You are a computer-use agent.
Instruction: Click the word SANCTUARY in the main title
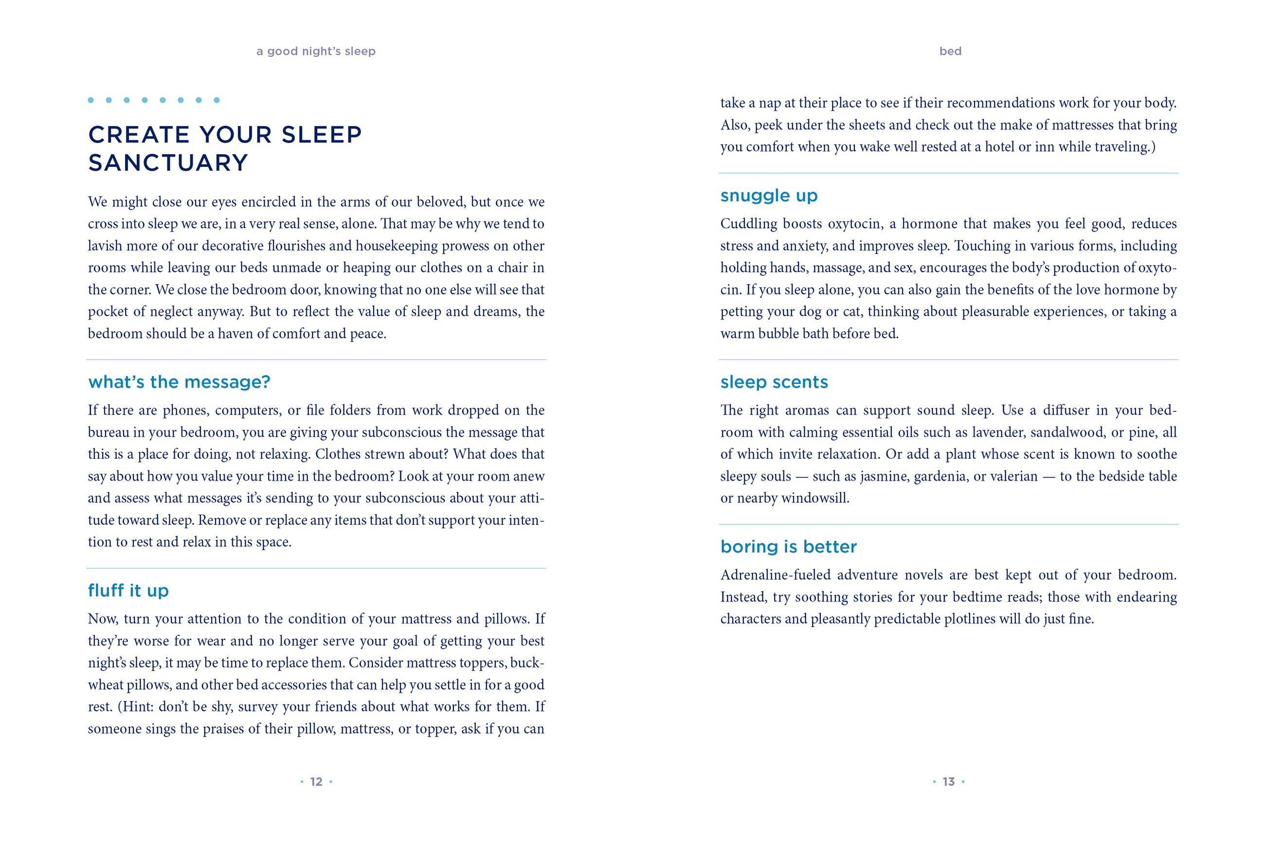168,163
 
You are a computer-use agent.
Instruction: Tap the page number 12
316,782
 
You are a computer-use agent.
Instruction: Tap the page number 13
948,782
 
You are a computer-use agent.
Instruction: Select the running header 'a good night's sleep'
316,51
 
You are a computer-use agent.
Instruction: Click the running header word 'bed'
950,51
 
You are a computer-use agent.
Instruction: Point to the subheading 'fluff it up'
128,591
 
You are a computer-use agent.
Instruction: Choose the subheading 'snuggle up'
769,195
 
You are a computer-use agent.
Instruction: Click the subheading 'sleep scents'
774,382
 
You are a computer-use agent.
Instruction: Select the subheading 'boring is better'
788,546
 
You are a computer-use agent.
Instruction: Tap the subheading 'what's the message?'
179,382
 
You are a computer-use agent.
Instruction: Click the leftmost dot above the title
91,100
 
